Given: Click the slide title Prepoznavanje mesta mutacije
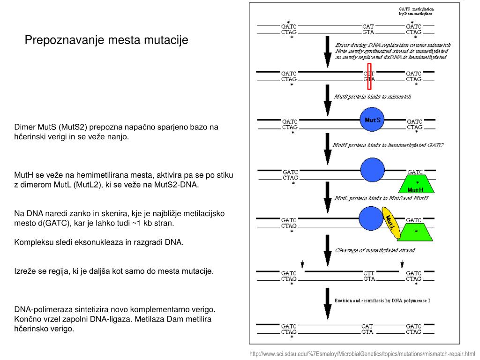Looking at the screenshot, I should [106, 40].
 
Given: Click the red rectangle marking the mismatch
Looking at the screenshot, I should [369, 76].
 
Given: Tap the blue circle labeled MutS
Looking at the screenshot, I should [372, 120].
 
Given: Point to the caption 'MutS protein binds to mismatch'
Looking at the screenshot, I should [372, 97].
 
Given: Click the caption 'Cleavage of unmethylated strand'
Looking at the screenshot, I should [375, 250].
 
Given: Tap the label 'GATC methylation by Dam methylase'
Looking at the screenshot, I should [416, 11].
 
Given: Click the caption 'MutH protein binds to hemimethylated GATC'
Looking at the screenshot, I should [388, 145].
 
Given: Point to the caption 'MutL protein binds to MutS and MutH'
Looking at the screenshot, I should [381, 198].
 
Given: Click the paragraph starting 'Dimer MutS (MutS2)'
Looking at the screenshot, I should [117, 132].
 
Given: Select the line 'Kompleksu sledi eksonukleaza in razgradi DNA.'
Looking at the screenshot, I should [99, 242].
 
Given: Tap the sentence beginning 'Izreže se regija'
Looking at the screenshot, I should [114, 271].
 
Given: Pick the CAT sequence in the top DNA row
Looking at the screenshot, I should [368, 27].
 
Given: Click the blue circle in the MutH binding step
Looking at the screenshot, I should [372, 170].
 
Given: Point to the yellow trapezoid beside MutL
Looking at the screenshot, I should [416, 232].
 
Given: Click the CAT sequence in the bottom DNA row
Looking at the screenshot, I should [367, 326].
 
